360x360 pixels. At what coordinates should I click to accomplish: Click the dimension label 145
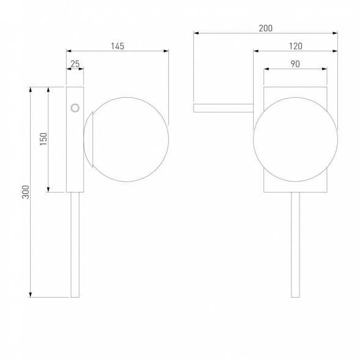pyautogui.click(x=117, y=46)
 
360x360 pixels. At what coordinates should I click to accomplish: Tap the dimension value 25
pyautogui.click(x=75, y=64)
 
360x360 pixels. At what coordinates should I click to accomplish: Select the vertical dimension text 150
pyautogui.click(x=43, y=139)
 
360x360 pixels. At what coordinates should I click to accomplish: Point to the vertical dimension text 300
pyautogui.click(x=26, y=192)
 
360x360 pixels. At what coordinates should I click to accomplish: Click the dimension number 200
pyautogui.click(x=266, y=28)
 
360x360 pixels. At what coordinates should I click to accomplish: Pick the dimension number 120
pyautogui.click(x=295, y=46)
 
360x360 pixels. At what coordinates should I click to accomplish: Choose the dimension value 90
pyautogui.click(x=295, y=64)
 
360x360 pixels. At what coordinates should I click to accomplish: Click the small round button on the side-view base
pyautogui.click(x=75, y=108)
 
